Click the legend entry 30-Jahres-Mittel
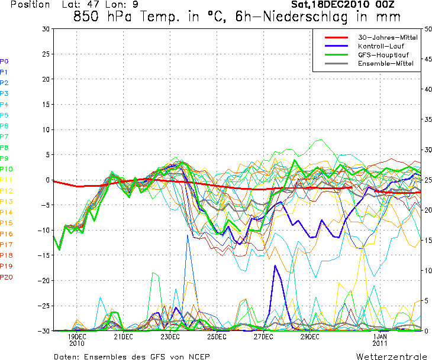point(388,37)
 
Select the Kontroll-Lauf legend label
point(379,46)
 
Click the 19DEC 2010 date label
point(77,339)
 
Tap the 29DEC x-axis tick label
point(310,336)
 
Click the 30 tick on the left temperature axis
point(46,28)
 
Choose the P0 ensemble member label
point(4,61)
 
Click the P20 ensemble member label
point(6,277)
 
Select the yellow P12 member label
point(6,190)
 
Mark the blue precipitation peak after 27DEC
point(275,266)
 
